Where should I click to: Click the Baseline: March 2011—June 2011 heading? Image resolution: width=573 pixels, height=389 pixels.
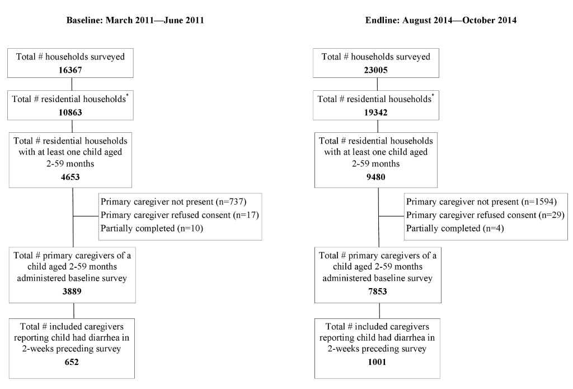[135, 20]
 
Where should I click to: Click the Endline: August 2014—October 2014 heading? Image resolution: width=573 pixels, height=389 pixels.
[441, 20]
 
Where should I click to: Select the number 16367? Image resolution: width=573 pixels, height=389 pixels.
[70, 70]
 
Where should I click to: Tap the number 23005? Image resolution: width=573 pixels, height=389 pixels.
[375, 70]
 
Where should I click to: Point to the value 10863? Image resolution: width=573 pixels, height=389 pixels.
[70, 112]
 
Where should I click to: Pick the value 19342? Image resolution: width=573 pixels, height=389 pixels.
[375, 112]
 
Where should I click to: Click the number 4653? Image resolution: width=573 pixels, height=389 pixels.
[70, 177]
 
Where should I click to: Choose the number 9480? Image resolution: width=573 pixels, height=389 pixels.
[375, 177]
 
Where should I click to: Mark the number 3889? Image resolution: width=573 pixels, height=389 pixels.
[72, 291]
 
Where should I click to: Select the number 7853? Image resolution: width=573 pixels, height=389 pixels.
[378, 291]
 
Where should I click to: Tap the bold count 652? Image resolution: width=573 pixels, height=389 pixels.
[72, 362]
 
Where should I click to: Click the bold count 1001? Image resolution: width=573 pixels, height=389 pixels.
[377, 362]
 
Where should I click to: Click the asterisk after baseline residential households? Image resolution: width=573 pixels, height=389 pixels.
[127, 95]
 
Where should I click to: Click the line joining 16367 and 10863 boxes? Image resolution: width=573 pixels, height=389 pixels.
[72, 84]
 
